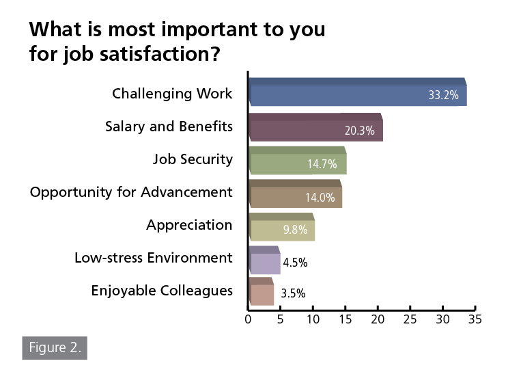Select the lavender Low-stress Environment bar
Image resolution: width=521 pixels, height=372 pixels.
click(264, 261)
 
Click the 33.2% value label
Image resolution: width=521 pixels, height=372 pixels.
click(443, 96)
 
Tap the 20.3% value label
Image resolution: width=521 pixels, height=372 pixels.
click(359, 131)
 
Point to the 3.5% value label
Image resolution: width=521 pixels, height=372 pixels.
click(293, 294)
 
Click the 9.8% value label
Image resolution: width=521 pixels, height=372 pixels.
click(294, 230)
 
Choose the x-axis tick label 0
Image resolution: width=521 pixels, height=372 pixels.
click(249, 319)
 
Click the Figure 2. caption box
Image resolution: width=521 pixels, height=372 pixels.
click(55, 347)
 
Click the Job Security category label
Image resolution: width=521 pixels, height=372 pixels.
click(193, 159)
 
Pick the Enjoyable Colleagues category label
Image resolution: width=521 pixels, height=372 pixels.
click(162, 291)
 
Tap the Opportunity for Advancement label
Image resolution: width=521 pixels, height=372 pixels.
click(131, 192)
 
